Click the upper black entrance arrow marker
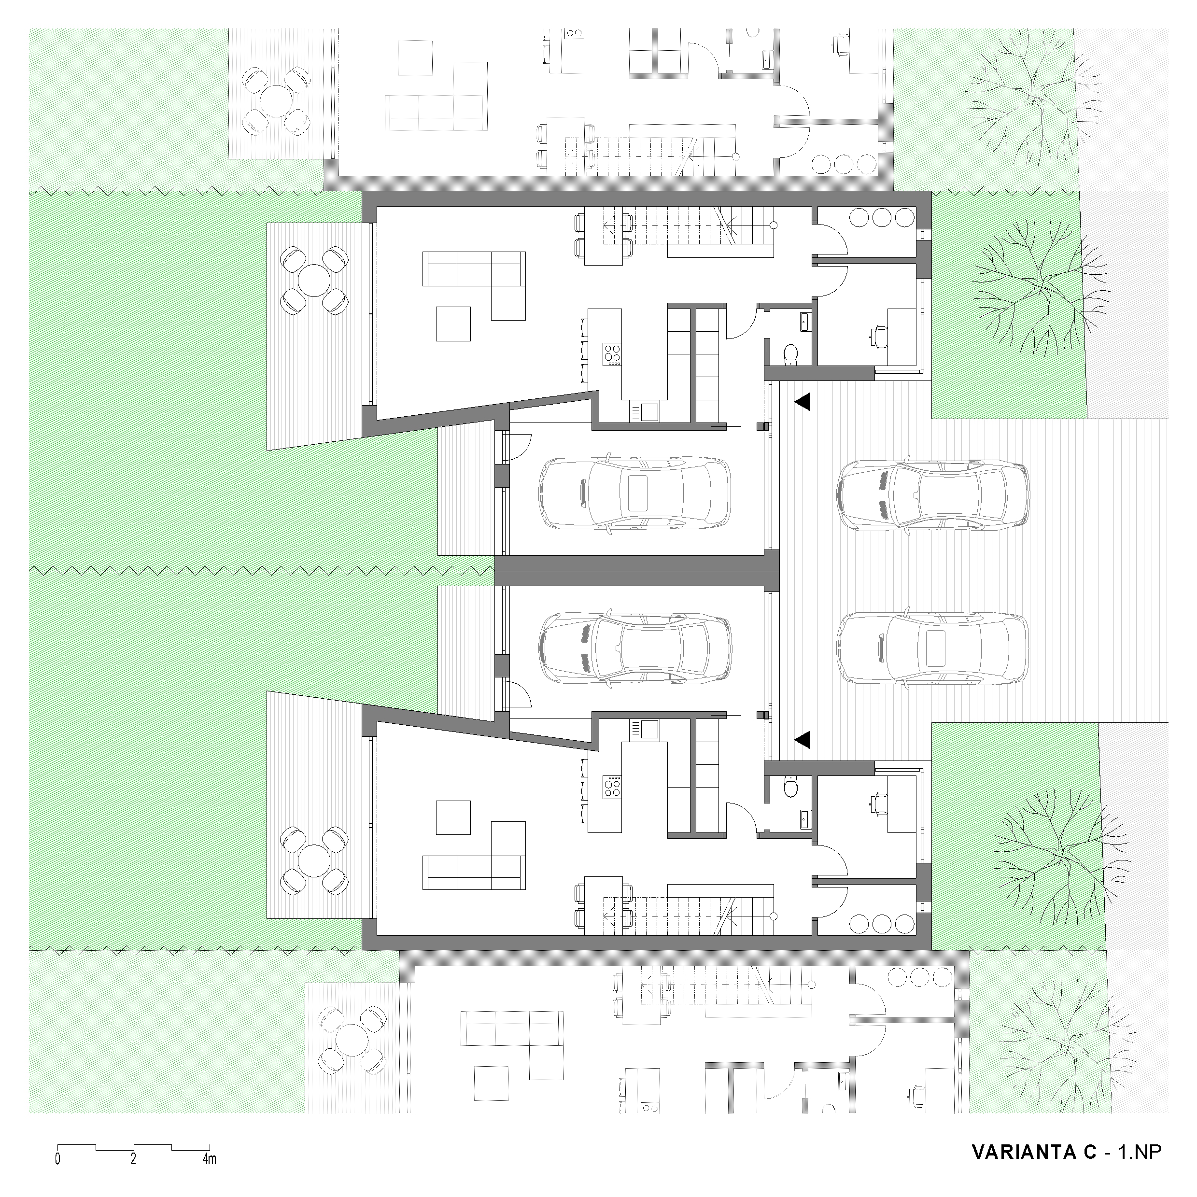tap(803, 402)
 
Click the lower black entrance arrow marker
tap(803, 738)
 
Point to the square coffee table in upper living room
tap(453, 324)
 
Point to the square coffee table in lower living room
tap(453, 817)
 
